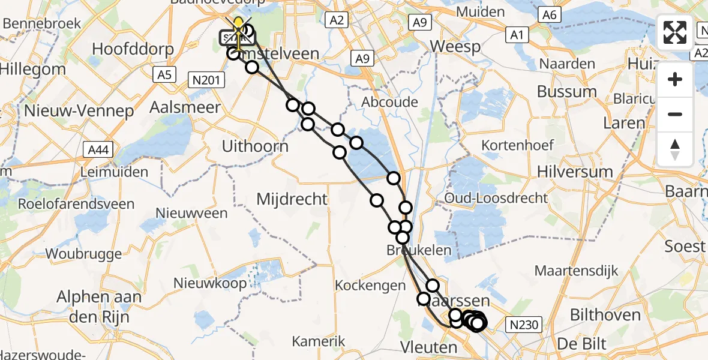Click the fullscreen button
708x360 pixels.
click(675, 32)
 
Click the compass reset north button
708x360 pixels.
click(675, 149)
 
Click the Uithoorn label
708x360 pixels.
click(255, 146)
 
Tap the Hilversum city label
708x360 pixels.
click(578, 172)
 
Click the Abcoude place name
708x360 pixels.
click(389, 102)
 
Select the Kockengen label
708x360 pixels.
click(370, 286)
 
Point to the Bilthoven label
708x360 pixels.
click(601, 315)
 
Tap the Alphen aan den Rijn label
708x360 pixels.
click(99, 306)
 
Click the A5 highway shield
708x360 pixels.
click(163, 74)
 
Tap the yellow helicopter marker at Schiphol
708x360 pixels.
click(239, 27)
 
